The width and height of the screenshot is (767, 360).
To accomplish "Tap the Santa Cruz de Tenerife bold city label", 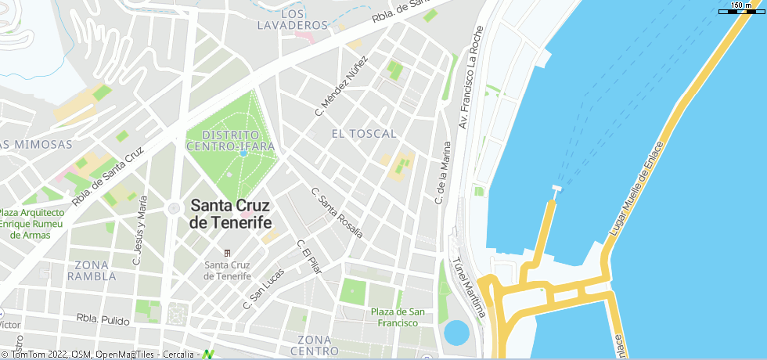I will (x=230, y=214).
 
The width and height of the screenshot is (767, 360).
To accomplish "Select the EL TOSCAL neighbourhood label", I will (x=364, y=134).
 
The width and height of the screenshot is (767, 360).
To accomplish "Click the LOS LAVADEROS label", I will (x=281, y=20).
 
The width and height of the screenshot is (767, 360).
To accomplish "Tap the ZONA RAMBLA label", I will (x=92, y=270).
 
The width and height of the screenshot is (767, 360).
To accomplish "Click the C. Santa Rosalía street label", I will (x=337, y=212).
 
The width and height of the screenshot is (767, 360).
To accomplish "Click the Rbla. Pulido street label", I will (x=104, y=319).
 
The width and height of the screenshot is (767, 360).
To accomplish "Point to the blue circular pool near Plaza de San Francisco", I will (x=456, y=332).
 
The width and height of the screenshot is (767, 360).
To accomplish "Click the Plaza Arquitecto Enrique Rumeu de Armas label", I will (x=32, y=224).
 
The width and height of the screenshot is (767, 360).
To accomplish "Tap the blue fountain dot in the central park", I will (x=243, y=153).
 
